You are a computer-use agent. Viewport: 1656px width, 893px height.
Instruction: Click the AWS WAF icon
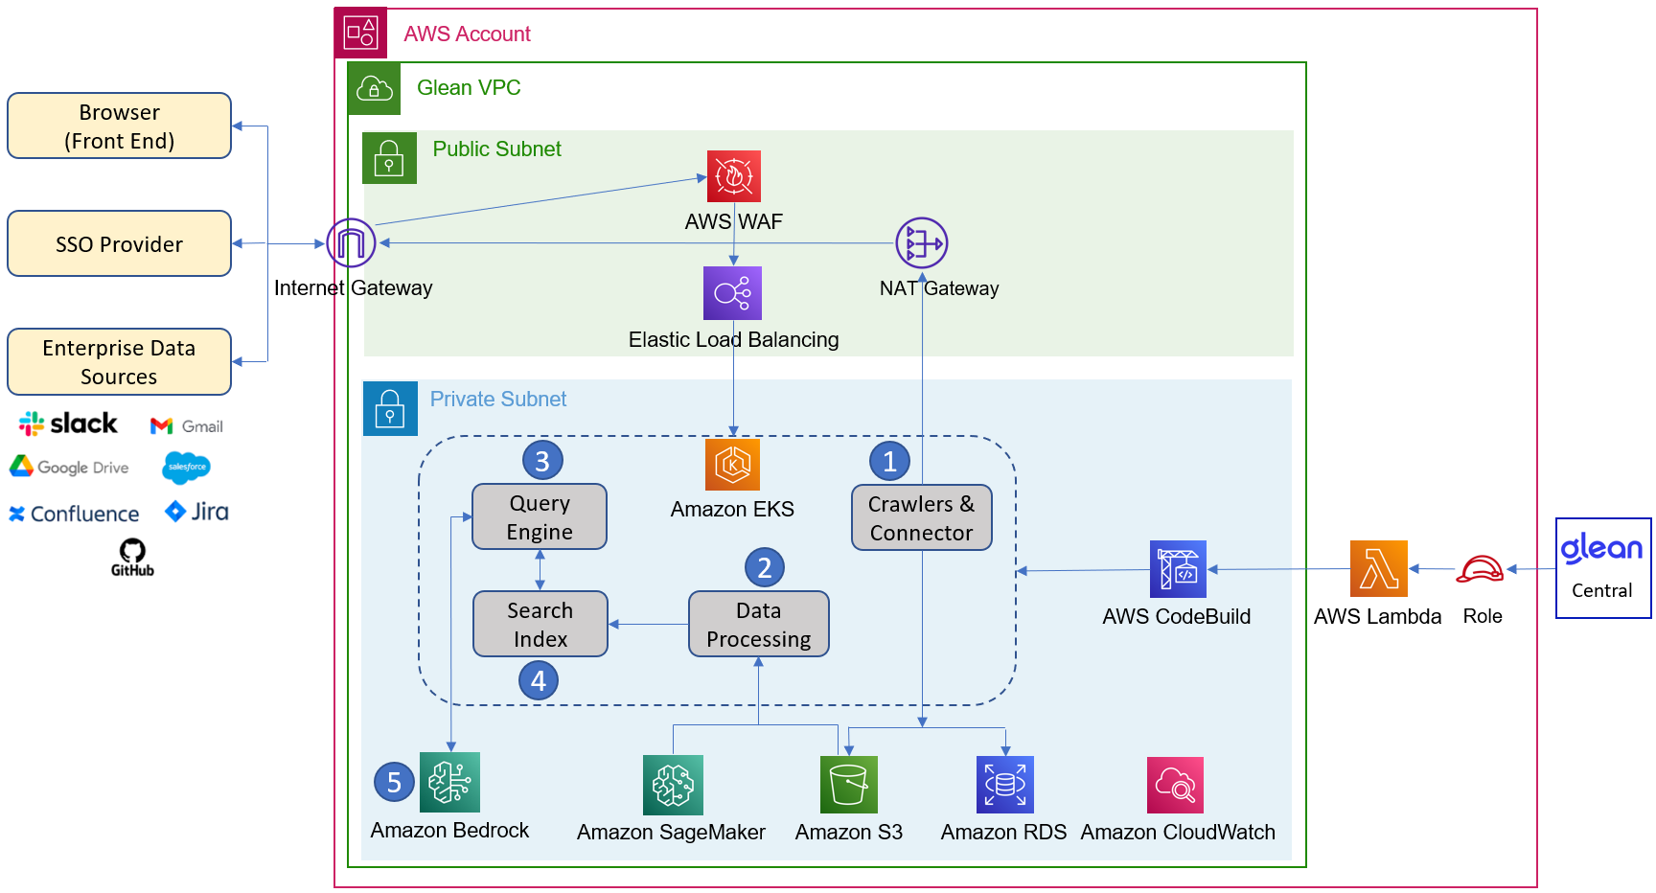tap(734, 176)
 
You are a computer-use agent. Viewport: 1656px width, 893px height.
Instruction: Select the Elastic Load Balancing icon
tap(733, 293)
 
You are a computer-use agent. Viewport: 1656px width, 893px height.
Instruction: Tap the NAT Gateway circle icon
tap(922, 243)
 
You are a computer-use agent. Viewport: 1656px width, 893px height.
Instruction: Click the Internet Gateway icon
tap(351, 242)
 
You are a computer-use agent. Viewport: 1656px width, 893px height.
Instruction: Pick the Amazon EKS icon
tap(733, 465)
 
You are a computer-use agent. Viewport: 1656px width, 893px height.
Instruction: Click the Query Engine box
tap(540, 516)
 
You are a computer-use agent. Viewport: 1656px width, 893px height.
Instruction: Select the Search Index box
tap(540, 624)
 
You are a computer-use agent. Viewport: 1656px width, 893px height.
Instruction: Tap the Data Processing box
tap(759, 624)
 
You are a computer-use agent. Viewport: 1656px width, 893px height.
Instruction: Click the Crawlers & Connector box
tap(922, 517)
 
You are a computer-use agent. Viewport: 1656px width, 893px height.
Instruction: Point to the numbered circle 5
tap(394, 783)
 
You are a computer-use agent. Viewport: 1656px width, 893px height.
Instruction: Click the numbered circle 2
tap(765, 568)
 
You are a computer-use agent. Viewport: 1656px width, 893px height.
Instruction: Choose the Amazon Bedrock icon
tap(450, 782)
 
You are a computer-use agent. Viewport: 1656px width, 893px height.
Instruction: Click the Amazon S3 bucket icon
tap(849, 785)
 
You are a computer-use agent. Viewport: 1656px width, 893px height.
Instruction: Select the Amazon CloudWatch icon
tap(1176, 785)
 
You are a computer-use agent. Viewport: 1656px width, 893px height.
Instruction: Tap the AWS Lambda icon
tap(1379, 569)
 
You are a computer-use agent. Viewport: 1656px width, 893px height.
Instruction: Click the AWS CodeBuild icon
tap(1179, 569)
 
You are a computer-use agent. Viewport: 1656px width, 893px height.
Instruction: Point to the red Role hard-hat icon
tap(1481, 569)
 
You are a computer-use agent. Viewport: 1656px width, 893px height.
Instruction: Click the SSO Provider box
tap(120, 243)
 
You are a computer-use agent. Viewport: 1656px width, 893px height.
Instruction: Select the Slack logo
tap(68, 424)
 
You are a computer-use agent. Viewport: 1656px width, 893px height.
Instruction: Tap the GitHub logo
tap(132, 558)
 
